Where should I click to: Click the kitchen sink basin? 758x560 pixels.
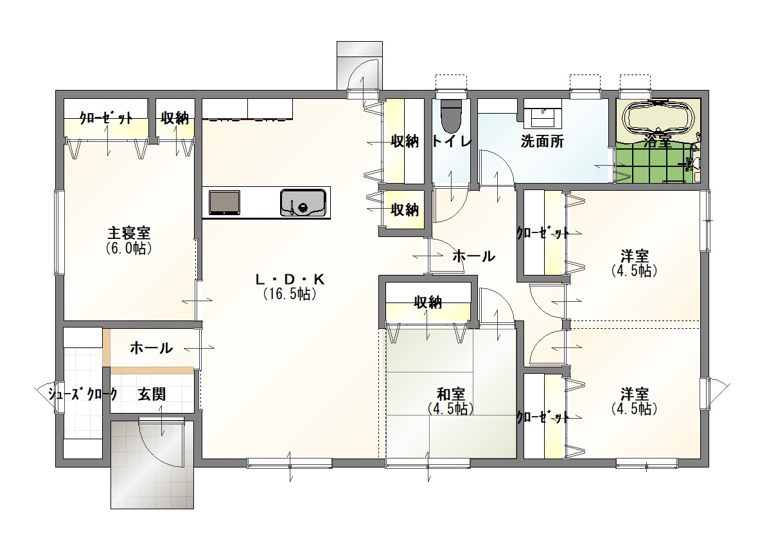click(303, 202)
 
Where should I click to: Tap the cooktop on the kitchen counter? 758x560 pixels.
click(224, 202)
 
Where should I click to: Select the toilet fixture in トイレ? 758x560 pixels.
click(452, 116)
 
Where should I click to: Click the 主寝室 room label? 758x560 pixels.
click(128, 233)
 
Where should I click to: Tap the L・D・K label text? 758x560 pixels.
click(290, 279)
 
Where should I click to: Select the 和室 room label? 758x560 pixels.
click(450, 394)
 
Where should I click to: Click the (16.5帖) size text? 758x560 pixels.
click(290, 294)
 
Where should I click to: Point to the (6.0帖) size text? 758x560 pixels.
click(128, 249)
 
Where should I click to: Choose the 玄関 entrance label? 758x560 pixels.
click(152, 394)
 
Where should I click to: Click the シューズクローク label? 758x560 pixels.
click(83, 394)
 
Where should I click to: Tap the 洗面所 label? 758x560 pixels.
click(542, 141)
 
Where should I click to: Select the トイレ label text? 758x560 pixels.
click(451, 141)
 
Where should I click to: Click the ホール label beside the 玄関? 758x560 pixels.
click(152, 348)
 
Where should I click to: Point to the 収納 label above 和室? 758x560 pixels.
click(428, 302)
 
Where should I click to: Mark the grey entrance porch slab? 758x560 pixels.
click(152, 464)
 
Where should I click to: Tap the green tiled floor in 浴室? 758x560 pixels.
click(651, 162)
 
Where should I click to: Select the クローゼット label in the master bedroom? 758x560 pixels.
click(106, 118)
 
